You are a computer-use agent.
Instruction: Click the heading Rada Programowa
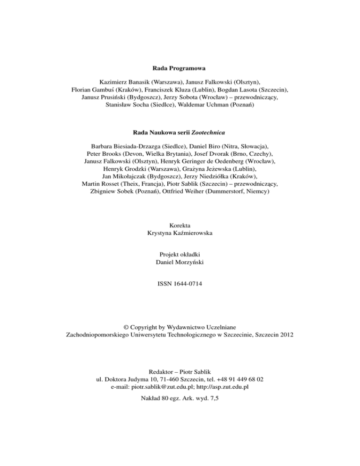tap(180, 68)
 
